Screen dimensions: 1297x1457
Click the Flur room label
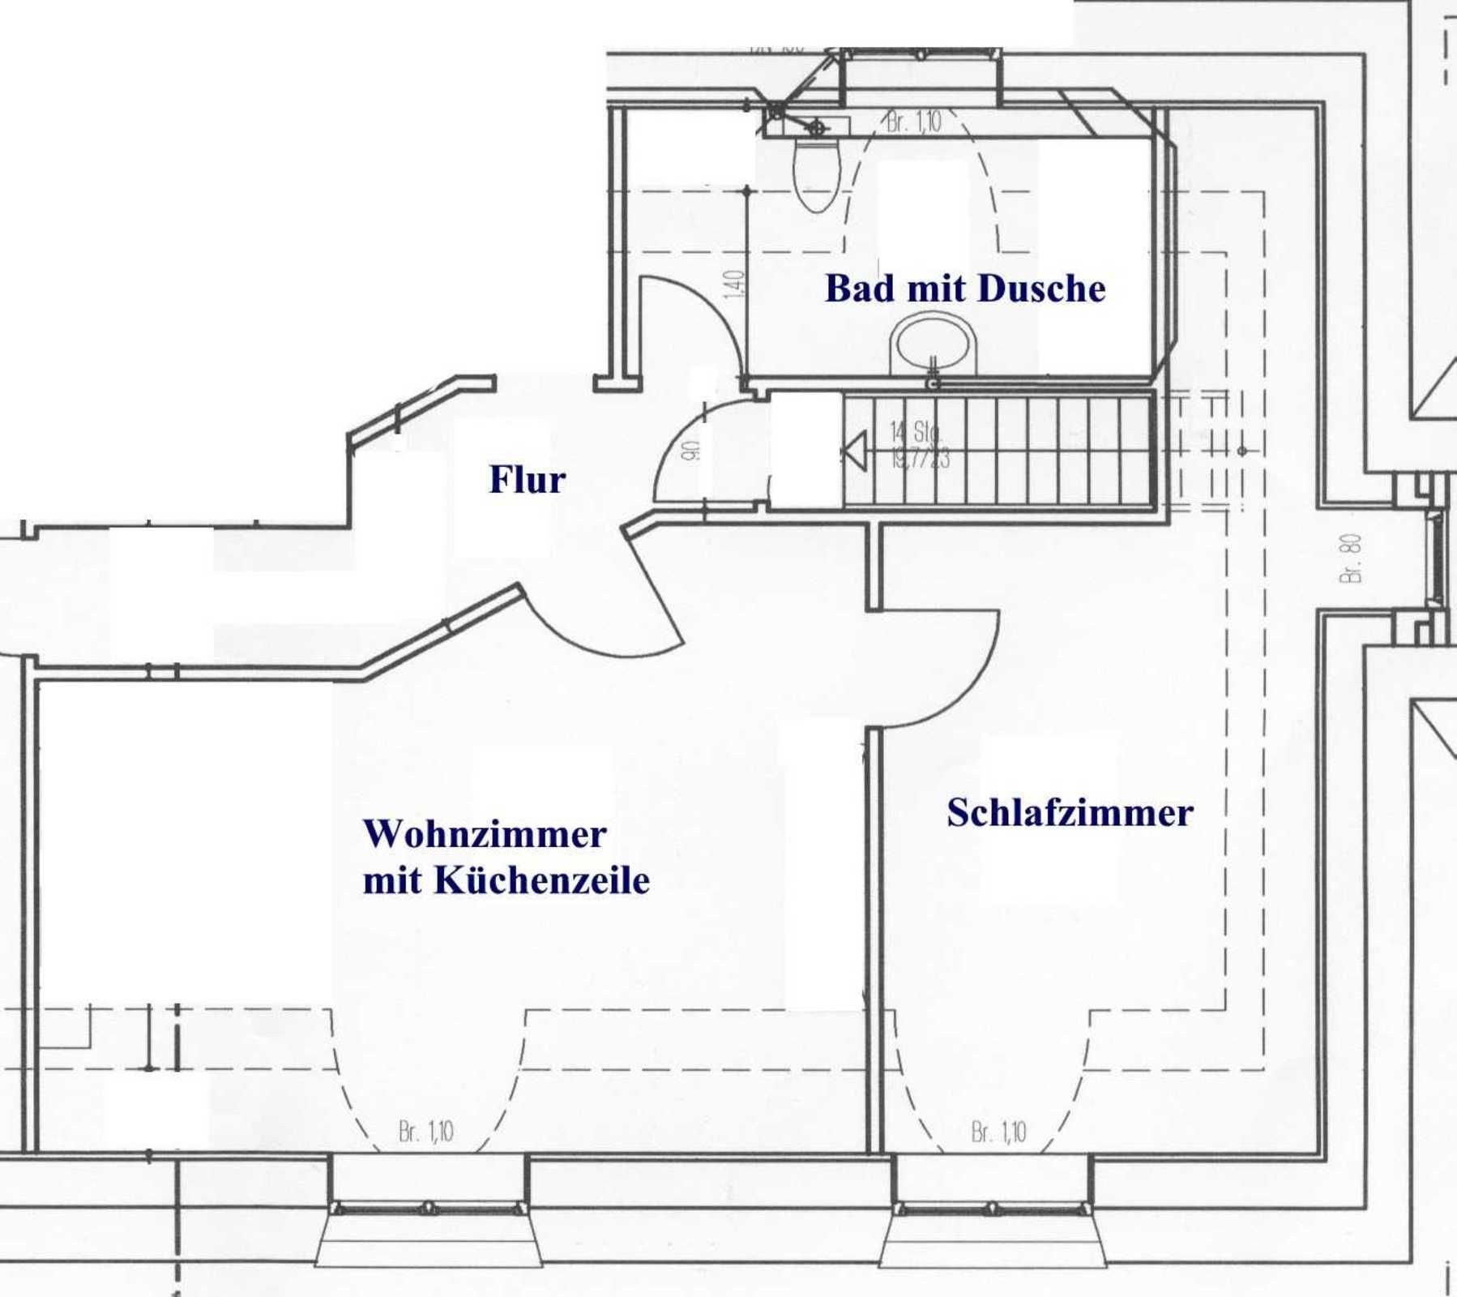[527, 479]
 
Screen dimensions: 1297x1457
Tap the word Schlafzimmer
[1070, 813]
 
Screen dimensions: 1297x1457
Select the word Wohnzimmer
[485, 834]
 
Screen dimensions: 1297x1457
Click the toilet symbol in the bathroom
[816, 173]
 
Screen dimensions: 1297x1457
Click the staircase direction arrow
[854, 451]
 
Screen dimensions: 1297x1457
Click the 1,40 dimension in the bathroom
[733, 284]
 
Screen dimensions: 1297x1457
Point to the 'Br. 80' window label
[1351, 558]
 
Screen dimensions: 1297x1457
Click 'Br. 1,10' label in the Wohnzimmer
[426, 1132]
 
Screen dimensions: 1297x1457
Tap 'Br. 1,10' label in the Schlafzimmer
[998, 1132]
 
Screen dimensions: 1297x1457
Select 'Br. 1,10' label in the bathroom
[914, 122]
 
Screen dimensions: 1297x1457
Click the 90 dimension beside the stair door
[690, 451]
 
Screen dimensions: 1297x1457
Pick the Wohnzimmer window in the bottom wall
[428, 1209]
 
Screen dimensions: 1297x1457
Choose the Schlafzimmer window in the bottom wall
[991, 1209]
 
